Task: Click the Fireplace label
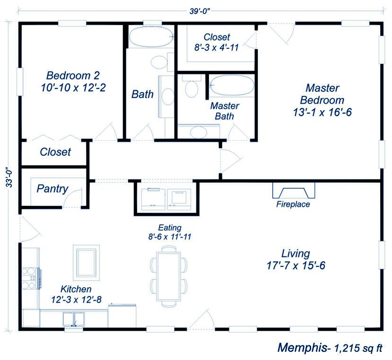tap(293, 204)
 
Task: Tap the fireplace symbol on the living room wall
tap(294, 190)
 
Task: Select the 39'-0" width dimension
tap(199, 11)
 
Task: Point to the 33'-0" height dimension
tap(9, 177)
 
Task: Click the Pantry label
tap(52, 189)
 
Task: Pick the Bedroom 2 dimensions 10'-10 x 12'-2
tap(73, 88)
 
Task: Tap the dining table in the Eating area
tap(168, 276)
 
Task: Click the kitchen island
tap(86, 263)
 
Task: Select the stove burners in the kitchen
tap(29, 278)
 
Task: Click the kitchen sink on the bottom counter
tap(73, 319)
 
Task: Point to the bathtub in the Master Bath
tap(231, 85)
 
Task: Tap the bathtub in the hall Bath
tap(150, 37)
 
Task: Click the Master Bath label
tap(225, 111)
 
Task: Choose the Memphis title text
tap(303, 348)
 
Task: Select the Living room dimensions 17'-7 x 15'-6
tap(296, 265)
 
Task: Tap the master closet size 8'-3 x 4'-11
tap(217, 47)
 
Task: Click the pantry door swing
tap(72, 198)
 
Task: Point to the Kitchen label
tap(76, 289)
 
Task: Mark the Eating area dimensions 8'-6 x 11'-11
tap(170, 237)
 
